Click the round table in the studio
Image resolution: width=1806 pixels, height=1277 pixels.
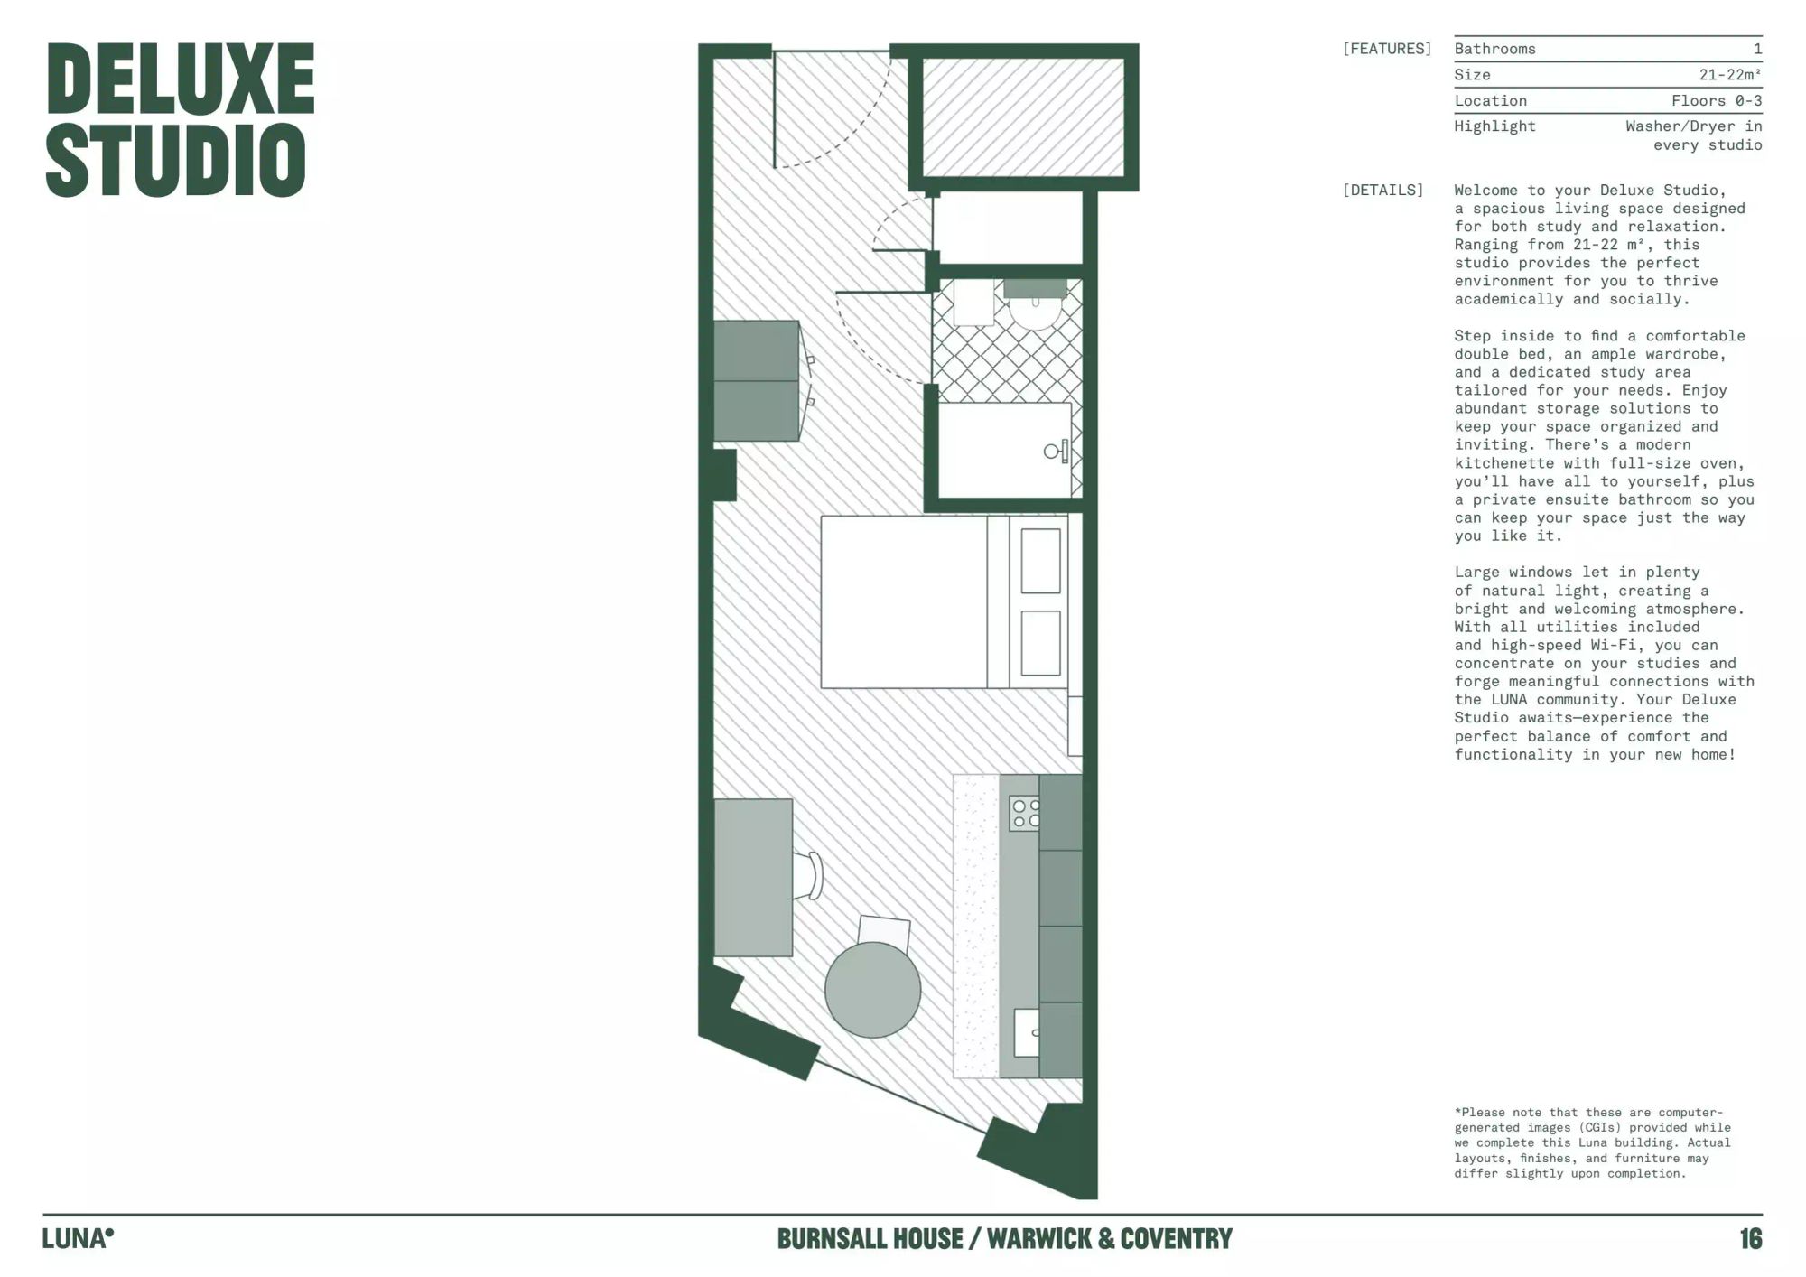pos(872,990)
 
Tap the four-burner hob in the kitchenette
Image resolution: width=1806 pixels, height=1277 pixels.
pos(1025,813)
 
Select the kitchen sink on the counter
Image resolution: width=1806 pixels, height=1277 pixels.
pos(1027,1032)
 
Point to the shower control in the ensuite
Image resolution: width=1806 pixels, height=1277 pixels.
pos(1057,451)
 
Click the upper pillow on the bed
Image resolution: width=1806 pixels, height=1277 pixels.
pos(1040,561)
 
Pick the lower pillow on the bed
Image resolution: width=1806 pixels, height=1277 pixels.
pos(1040,643)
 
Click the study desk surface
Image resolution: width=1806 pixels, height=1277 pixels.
pos(753,877)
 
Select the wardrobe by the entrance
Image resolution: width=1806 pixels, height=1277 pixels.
pos(757,381)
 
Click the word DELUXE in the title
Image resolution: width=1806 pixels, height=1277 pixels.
pos(181,79)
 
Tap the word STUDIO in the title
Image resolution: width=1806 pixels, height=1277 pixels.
pos(176,161)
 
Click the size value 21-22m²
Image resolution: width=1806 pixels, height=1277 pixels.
pos(1730,75)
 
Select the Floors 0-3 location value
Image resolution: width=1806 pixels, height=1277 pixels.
pos(1717,100)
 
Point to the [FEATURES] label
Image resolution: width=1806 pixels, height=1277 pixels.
pos(1387,49)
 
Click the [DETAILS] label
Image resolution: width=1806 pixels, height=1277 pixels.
pos(1382,190)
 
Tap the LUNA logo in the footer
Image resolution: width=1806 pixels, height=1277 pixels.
pos(79,1238)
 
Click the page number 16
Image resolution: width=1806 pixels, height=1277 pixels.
pos(1751,1238)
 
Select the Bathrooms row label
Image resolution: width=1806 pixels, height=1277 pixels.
pos(1494,49)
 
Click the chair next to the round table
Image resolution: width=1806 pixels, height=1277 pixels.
pos(884,931)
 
